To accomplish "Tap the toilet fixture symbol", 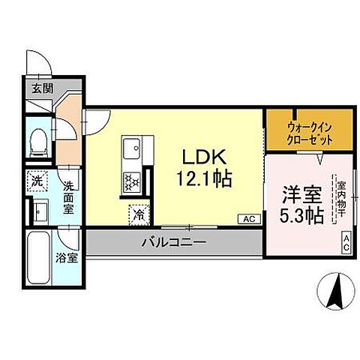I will tap(38, 142).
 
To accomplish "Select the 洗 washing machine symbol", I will tap(37, 181).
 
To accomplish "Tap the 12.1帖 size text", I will tap(203, 179).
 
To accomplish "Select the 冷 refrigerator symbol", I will tap(138, 213).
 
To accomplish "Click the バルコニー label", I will tap(173, 243).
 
